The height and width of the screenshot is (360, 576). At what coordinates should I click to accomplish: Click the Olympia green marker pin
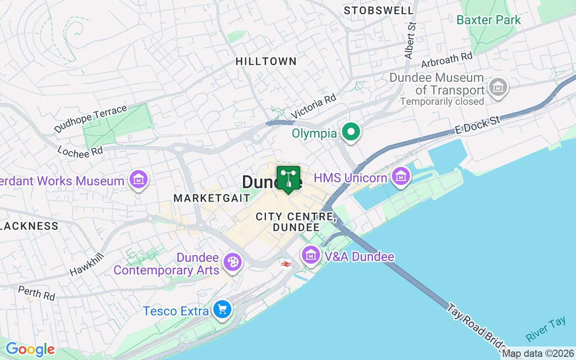pyautogui.click(x=351, y=132)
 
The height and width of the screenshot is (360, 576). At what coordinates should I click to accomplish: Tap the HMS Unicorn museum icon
pyautogui.click(x=400, y=176)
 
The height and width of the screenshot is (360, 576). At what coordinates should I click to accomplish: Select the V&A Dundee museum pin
pyautogui.click(x=311, y=255)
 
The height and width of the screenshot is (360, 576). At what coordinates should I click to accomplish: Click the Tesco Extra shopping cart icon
pyautogui.click(x=222, y=310)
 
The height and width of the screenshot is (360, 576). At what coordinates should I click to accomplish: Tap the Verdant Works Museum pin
pyautogui.click(x=139, y=180)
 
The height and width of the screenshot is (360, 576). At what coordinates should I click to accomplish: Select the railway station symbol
pyautogui.click(x=286, y=264)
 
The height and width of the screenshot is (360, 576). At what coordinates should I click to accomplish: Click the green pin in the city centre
pyautogui.click(x=288, y=179)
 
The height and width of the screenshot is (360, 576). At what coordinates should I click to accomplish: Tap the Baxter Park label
pyautogui.click(x=488, y=20)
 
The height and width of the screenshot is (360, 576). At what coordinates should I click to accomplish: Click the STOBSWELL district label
pyautogui.click(x=378, y=10)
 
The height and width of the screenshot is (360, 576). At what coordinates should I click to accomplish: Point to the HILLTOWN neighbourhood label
pyautogui.click(x=266, y=61)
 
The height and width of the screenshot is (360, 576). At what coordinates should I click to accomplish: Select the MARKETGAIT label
pyautogui.click(x=211, y=198)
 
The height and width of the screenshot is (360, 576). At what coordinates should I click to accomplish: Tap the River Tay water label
pyautogui.click(x=545, y=329)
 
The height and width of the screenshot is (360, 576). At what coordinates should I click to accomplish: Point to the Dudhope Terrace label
pyautogui.click(x=90, y=119)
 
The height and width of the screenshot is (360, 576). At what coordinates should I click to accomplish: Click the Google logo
pyautogui.click(x=30, y=349)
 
